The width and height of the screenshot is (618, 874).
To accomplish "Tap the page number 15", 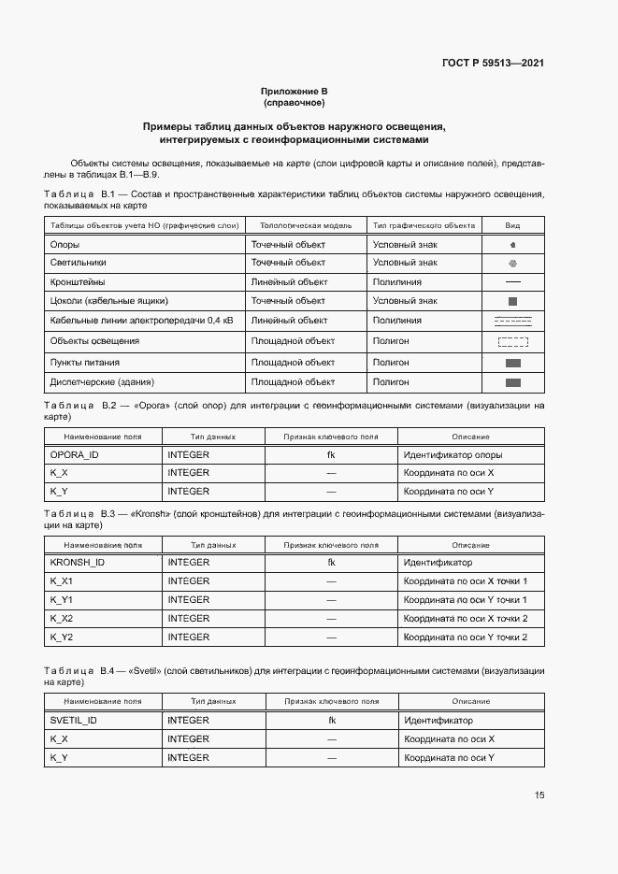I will (539, 795).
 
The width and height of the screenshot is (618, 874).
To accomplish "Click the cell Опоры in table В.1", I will (65, 244).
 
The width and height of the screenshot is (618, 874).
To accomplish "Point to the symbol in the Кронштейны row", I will (512, 281).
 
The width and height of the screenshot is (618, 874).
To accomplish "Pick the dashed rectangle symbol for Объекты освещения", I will (512, 342).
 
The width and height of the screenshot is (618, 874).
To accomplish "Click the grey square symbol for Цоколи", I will (512, 301).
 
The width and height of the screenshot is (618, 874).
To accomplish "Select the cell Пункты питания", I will (84, 362).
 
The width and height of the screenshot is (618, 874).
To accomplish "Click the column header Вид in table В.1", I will (512, 225).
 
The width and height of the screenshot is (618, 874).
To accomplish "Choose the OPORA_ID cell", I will (74, 454).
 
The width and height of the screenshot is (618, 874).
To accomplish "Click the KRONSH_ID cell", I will (77, 563).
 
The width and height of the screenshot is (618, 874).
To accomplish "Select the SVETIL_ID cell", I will (74, 721).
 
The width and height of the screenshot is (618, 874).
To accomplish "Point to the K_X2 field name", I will (62, 619).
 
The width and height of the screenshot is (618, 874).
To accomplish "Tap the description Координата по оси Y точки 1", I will (466, 600).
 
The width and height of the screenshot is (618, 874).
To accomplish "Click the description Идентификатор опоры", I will (453, 454).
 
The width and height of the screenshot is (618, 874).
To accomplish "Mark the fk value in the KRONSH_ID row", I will (331, 563).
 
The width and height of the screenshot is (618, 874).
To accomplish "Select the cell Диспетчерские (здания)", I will (89, 382).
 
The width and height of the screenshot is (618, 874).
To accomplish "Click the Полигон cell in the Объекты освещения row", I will (391, 341).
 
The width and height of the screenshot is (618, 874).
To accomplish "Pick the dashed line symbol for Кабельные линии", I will (512, 322).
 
